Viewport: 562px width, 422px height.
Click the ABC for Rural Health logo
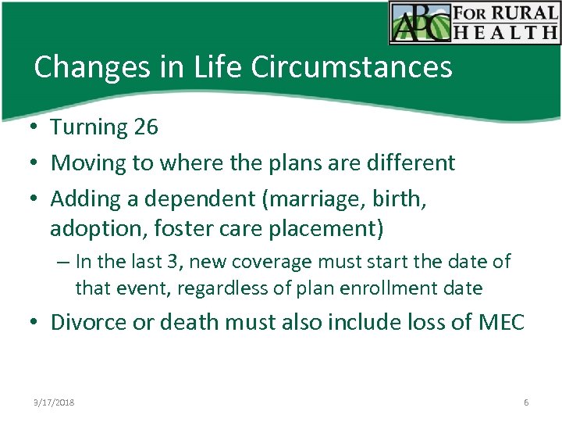pos(475,23)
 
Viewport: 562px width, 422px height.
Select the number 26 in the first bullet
pos(146,127)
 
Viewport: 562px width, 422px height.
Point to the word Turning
pos(89,127)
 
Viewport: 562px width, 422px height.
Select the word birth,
pos(400,198)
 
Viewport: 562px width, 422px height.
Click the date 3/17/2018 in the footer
pos(54,402)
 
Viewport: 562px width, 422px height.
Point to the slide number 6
pos(526,402)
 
